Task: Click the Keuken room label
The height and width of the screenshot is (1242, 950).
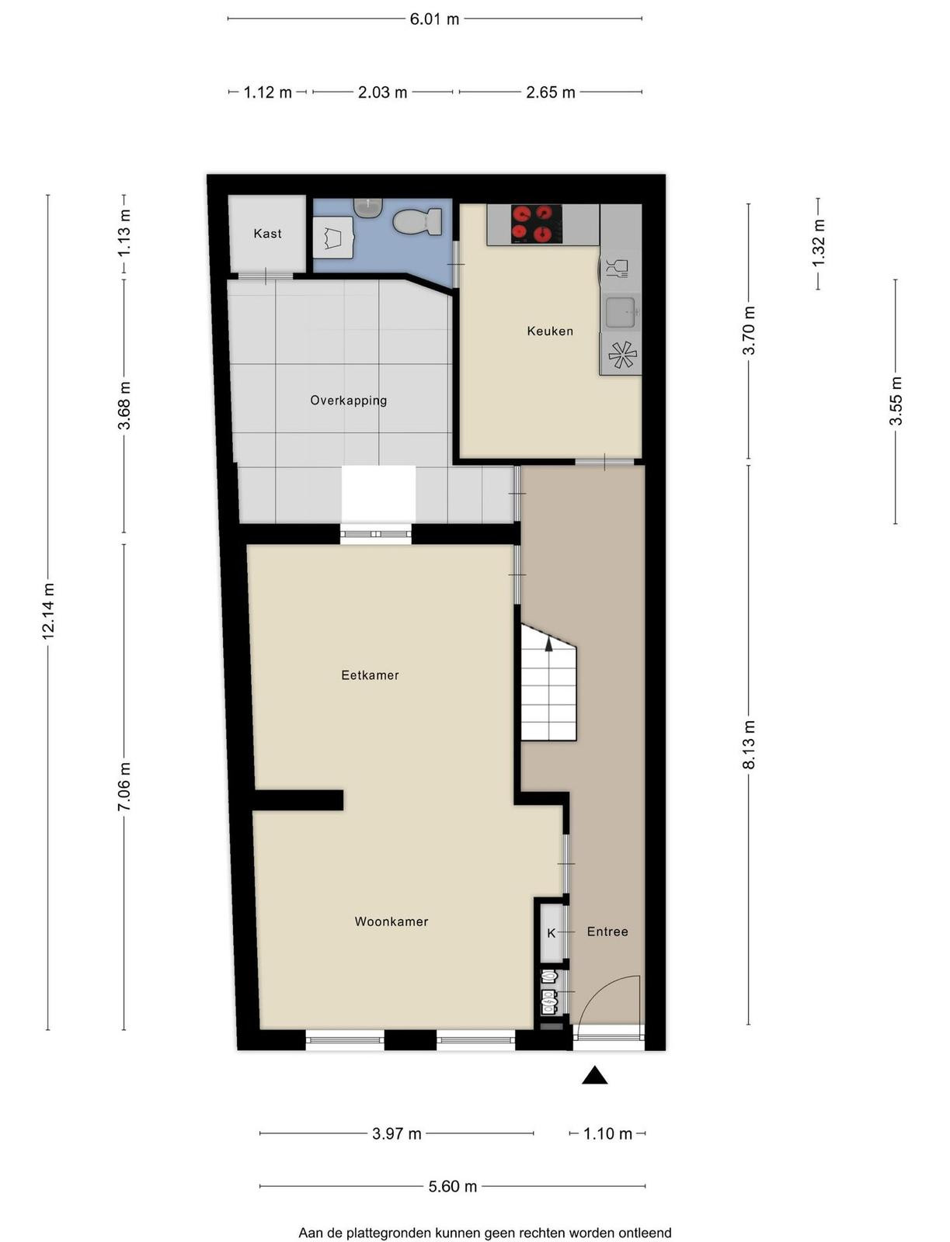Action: (x=550, y=331)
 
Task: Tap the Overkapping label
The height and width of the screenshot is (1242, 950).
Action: (x=348, y=401)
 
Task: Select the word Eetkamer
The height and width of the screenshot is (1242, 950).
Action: (x=370, y=675)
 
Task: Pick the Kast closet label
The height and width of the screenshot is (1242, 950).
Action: (x=267, y=233)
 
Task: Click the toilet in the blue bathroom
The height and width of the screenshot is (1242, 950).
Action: (x=418, y=222)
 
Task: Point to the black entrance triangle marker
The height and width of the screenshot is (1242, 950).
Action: (x=594, y=1074)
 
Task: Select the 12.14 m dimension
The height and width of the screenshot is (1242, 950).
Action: (x=48, y=611)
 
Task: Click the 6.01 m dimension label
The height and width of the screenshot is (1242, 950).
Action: (x=434, y=19)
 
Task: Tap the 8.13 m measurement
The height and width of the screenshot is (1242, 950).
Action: (x=749, y=744)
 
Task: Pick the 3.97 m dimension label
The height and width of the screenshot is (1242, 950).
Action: (x=396, y=1134)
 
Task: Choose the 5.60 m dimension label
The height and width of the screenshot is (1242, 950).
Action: (x=452, y=1187)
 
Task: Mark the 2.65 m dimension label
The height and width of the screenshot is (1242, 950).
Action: (x=550, y=92)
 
